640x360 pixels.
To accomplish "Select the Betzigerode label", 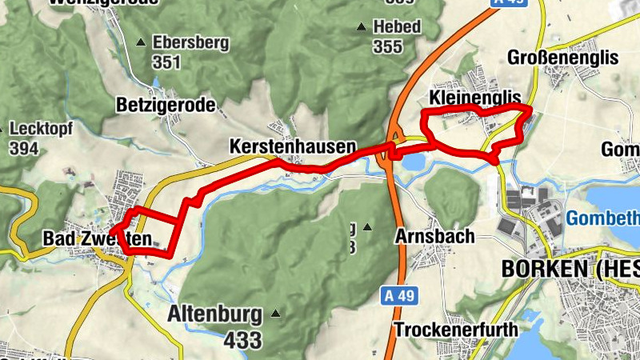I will [166, 104].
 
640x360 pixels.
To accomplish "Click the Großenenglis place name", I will [565, 57].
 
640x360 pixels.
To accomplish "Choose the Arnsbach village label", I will [435, 236].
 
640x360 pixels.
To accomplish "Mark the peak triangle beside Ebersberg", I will [142, 42].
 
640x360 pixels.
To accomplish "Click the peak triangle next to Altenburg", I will [277, 313].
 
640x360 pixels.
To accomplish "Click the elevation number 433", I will [242, 340].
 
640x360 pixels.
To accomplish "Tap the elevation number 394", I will [26, 148].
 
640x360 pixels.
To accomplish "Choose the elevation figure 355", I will [388, 47].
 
